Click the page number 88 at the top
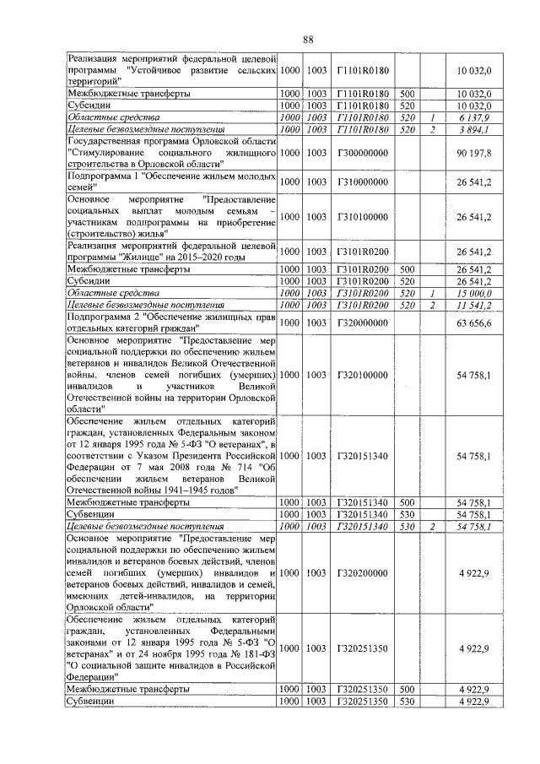click(308, 39)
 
